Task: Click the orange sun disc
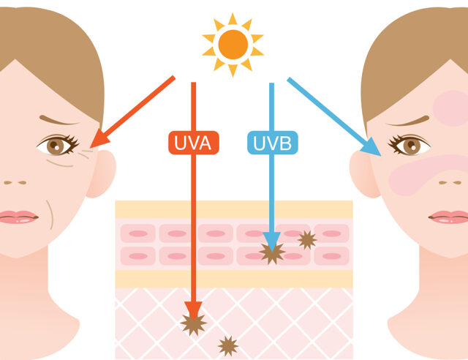(x=233, y=45)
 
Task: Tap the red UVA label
(x=194, y=143)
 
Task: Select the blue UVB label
(x=273, y=143)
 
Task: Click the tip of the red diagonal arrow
(x=90, y=147)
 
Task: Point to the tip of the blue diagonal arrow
(x=381, y=156)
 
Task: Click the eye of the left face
(x=57, y=145)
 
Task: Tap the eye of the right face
(x=409, y=145)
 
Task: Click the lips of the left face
(x=18, y=217)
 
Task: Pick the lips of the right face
(x=448, y=217)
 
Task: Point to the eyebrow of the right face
(x=408, y=121)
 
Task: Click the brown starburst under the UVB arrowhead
(x=272, y=253)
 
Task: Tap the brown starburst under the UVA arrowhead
(x=193, y=324)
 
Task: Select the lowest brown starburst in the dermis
(x=228, y=346)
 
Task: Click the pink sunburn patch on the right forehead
(x=451, y=108)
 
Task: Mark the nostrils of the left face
(x=15, y=182)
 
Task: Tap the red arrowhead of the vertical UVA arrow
(x=193, y=311)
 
